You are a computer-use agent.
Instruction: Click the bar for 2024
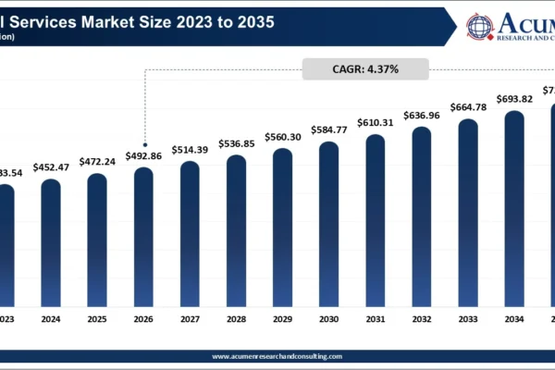point(51,242)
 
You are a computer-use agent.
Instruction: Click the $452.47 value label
point(51,167)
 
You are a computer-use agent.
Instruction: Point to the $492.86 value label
point(143,156)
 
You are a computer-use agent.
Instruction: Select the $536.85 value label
point(236,144)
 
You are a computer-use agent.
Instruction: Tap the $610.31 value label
point(376,123)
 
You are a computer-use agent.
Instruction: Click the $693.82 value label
point(514,99)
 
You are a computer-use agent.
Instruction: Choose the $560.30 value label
point(282,137)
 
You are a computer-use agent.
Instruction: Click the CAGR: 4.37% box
point(365,68)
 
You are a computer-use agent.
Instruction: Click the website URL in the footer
point(277,356)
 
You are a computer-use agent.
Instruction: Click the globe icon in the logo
point(479,25)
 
